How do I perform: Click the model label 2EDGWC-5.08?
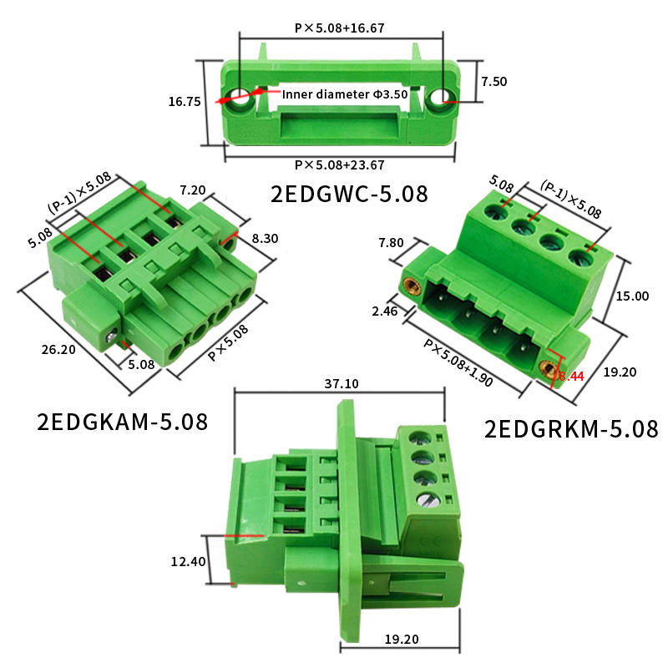[x=349, y=194]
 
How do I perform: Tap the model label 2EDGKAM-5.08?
[x=123, y=422]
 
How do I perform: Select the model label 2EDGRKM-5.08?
[x=571, y=429]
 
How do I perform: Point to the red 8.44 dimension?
[x=571, y=377]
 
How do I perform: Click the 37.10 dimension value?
[x=342, y=384]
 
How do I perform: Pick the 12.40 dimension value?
[x=189, y=561]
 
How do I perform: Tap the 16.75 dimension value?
[x=185, y=101]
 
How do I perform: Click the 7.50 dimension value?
[x=494, y=81]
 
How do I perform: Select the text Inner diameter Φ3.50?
[x=345, y=94]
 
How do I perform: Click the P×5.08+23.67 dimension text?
[x=340, y=164]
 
